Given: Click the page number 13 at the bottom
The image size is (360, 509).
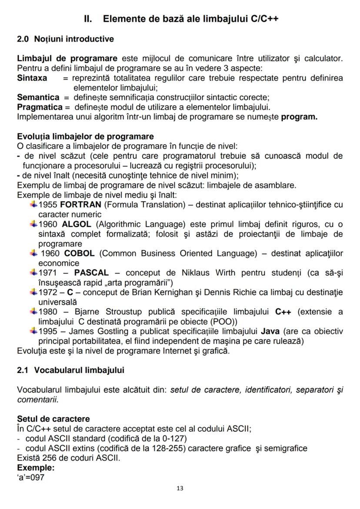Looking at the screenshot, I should point(180,488).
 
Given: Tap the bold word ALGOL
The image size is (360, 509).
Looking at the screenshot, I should point(77,224).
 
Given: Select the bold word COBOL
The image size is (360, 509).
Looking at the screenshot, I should point(79,253).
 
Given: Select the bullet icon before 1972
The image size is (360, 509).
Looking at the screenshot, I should point(33,292).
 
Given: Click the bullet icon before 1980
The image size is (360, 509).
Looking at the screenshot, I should point(33,311).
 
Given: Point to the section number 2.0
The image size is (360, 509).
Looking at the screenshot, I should point(23,39).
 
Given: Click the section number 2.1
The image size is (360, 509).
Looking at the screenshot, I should point(23,370).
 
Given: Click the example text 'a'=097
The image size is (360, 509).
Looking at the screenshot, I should point(31,477).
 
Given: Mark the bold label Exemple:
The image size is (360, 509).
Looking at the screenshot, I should point(36,467).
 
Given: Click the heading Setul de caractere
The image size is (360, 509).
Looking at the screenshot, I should point(53,419).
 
